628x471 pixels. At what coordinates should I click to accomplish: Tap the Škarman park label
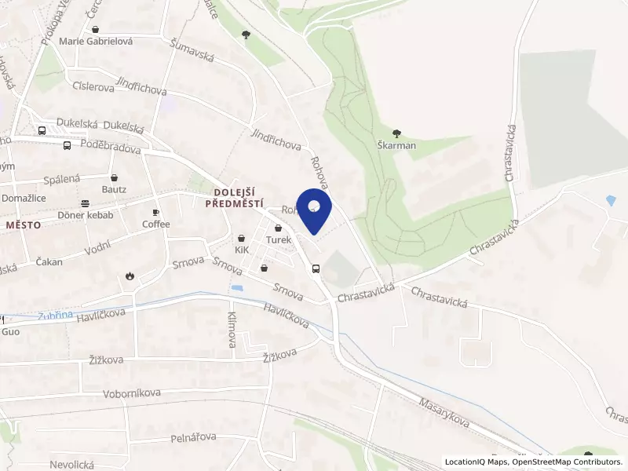396,145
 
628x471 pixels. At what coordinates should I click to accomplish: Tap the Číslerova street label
93,87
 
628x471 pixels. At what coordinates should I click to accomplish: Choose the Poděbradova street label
111,149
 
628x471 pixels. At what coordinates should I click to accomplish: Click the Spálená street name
62,179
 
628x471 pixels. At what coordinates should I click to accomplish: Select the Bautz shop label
114,189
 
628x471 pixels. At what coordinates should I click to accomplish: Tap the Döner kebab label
86,215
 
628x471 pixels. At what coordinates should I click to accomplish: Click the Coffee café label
155,224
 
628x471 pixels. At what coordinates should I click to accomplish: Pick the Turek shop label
279,239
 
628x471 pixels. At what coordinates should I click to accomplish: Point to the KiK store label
242,250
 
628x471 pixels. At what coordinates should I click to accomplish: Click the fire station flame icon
130,276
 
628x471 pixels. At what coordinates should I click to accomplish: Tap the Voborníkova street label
132,392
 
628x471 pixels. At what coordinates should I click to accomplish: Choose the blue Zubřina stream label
55,316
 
